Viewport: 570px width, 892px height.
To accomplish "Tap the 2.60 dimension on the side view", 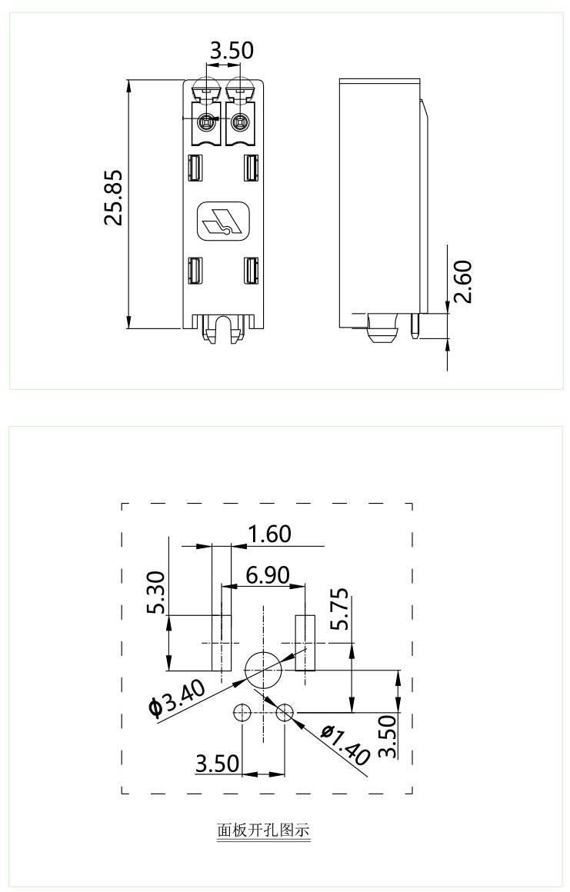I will (464, 282).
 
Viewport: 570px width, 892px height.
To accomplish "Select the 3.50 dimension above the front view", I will (232, 52).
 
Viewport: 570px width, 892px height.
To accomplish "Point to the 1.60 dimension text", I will (269, 534).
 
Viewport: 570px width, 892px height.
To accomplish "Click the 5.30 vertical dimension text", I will (157, 593).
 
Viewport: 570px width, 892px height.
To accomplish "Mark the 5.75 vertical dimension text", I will (339, 609).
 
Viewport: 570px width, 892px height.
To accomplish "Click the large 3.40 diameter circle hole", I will (263, 667).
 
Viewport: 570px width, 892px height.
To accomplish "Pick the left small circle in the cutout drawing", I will (242, 713).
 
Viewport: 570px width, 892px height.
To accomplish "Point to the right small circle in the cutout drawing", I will (285, 713).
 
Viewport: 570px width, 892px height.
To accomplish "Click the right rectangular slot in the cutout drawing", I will (305, 641).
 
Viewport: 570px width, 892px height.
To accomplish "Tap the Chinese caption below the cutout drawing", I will (263, 830).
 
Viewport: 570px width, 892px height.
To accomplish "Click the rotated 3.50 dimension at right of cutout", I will (388, 737).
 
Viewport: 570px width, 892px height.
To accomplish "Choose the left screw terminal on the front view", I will (206, 121).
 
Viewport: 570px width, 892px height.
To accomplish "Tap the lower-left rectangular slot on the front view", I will (195, 270).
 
